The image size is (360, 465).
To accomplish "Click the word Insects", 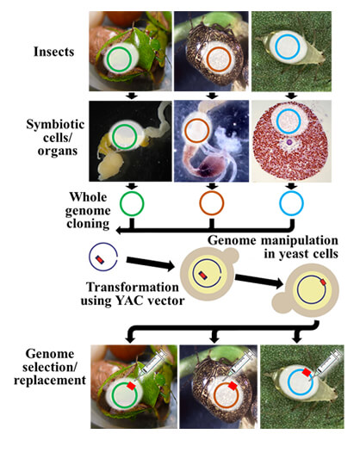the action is point(53,52).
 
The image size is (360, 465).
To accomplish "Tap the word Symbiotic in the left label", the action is point(55,125).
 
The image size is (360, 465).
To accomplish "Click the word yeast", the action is point(292,254).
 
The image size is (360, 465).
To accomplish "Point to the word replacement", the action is point(50,381).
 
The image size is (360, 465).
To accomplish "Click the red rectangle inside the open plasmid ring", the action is point(100,259).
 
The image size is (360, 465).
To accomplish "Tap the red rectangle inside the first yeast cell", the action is point(203,275).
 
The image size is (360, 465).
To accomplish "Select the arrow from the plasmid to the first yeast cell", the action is point(151,263).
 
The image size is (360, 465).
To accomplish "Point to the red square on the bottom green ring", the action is point(131,386).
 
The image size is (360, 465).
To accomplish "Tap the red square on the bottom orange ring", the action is point(233,386).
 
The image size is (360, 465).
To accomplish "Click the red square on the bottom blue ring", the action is point(307,373).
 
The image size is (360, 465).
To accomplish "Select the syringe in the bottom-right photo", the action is point(326,365).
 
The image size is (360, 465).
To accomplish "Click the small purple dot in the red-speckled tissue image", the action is point(289,143).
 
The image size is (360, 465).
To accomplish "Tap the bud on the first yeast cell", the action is point(230,256).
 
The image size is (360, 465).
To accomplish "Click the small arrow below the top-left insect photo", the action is point(132,96).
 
